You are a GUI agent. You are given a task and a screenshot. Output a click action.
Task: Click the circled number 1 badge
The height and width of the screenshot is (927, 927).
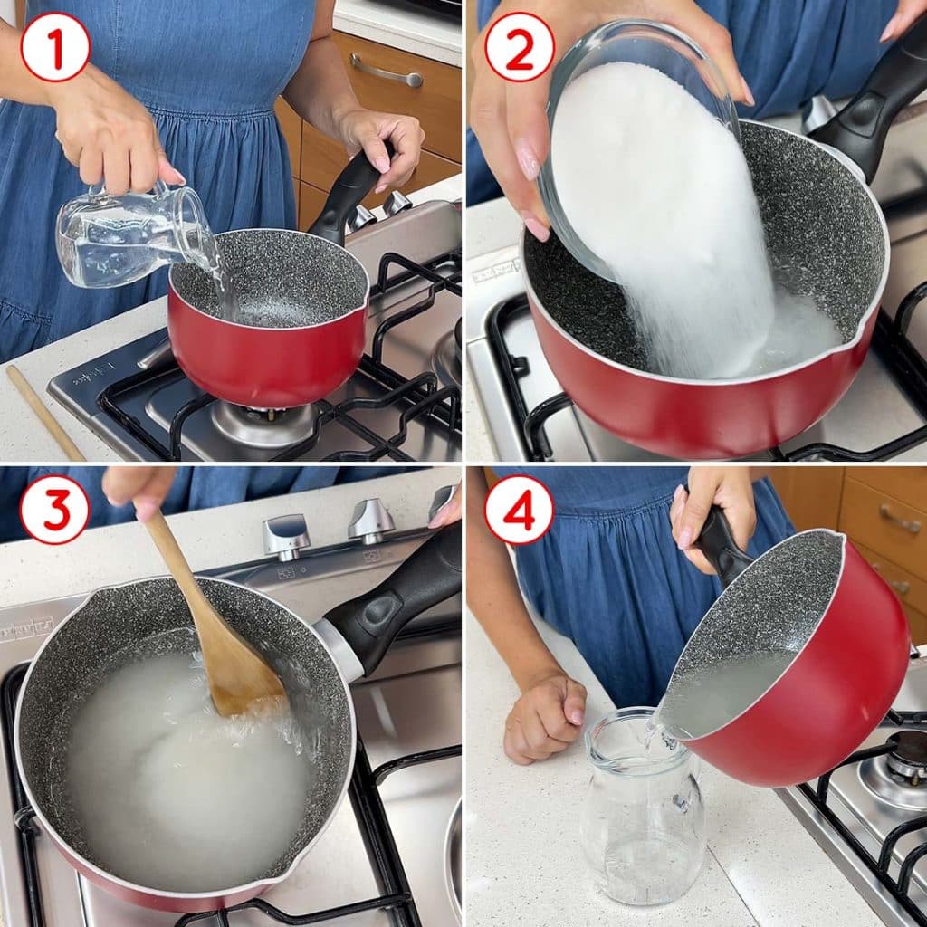point(55,47)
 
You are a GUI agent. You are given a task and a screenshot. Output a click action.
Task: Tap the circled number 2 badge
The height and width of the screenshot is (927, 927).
point(519,47)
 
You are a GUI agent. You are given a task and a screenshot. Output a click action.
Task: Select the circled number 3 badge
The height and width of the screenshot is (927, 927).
point(55,511)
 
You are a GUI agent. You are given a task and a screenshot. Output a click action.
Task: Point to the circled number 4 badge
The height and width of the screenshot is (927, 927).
point(519,511)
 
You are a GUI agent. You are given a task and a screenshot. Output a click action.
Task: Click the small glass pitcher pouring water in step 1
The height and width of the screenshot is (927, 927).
point(133,235)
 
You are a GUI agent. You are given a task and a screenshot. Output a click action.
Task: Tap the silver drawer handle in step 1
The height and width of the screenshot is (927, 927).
point(386,71)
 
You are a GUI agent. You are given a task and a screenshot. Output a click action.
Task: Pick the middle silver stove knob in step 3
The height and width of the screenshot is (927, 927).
point(370,521)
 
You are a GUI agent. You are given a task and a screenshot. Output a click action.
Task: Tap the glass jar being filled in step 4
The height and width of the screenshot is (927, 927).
point(643,817)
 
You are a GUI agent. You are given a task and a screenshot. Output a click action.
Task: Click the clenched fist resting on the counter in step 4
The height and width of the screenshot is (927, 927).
point(545,718)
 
